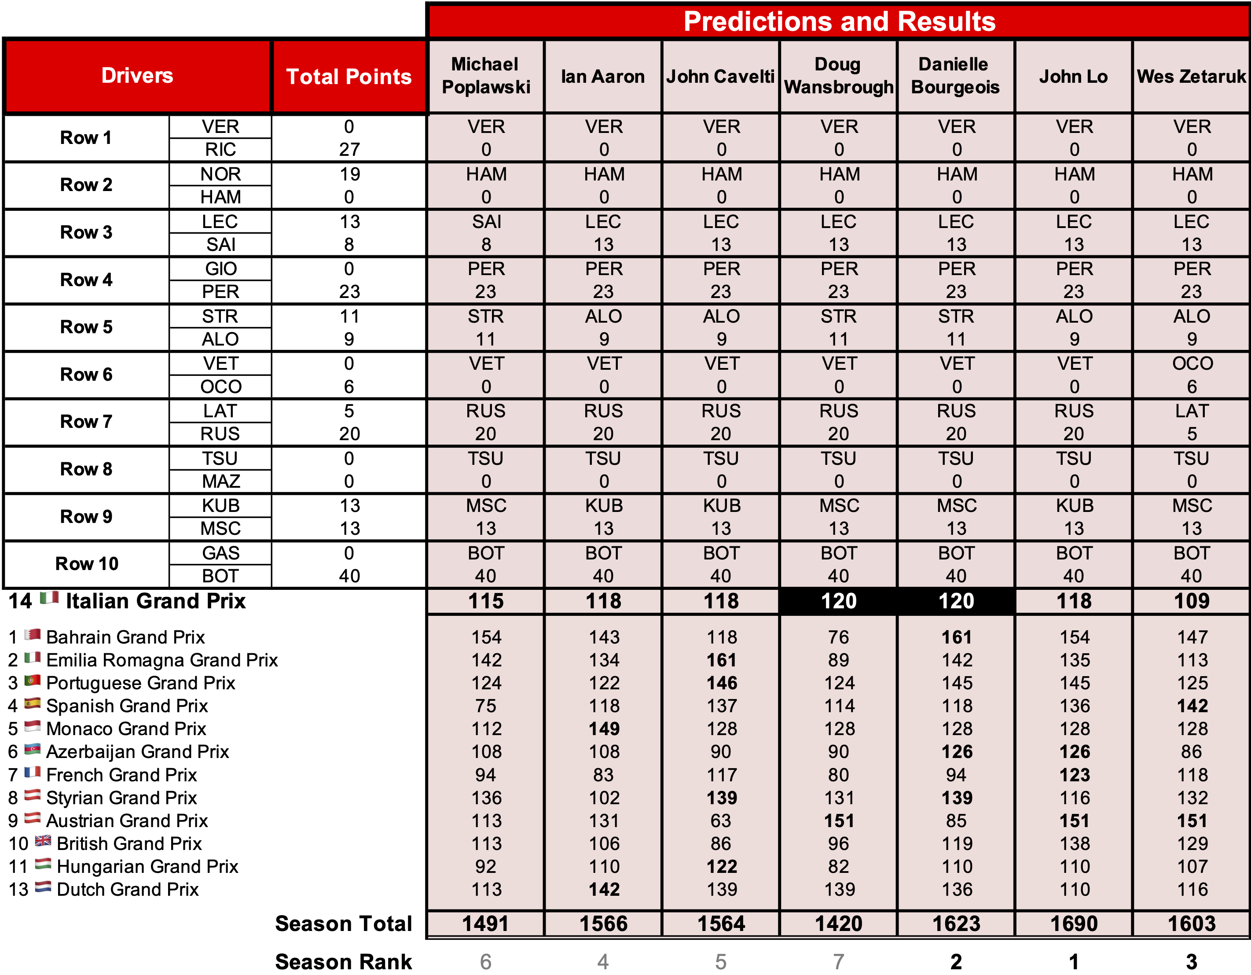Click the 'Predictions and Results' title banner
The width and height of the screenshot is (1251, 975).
(839, 22)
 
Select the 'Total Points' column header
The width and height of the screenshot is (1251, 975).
(349, 76)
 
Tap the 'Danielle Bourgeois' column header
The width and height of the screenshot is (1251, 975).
(955, 76)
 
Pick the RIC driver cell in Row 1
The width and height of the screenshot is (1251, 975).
(220, 150)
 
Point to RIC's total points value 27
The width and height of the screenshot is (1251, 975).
(349, 150)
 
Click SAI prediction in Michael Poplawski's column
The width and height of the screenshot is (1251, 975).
(486, 222)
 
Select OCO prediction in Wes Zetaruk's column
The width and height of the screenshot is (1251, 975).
(1192, 363)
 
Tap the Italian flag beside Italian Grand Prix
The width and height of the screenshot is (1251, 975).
(49, 599)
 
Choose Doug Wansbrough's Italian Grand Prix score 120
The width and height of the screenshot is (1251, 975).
(839, 601)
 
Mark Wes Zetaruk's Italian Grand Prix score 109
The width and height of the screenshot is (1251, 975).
(1192, 601)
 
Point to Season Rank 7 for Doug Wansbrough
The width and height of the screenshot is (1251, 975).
(839, 961)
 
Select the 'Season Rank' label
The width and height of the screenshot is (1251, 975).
(343, 961)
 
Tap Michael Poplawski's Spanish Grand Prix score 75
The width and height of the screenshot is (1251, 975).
(486, 706)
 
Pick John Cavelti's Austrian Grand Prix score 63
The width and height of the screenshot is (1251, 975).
(721, 820)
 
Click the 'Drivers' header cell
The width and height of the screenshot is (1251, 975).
(137, 76)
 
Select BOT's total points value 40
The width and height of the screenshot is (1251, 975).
(349, 576)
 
